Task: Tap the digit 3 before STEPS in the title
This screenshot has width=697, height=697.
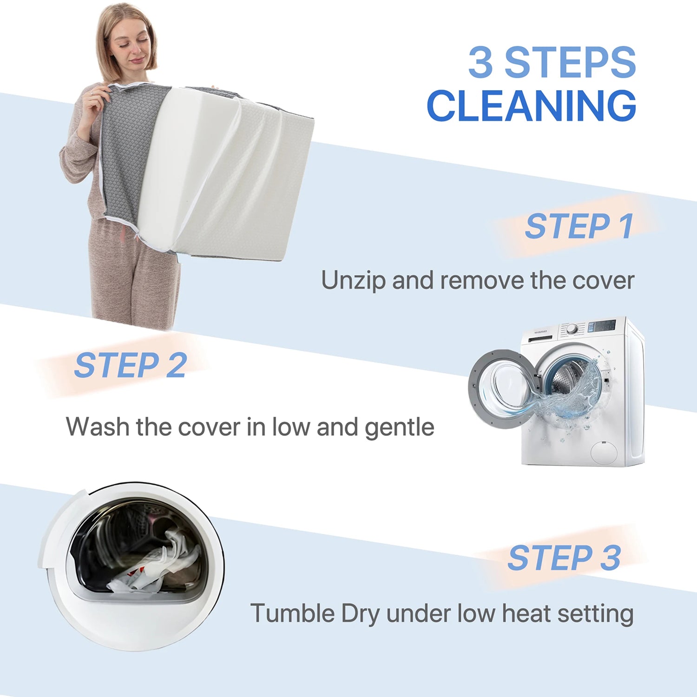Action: tap(480, 62)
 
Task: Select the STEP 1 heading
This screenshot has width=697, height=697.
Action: tap(579, 226)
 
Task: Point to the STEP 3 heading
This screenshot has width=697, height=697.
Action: tap(564, 558)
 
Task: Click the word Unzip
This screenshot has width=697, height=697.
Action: tap(354, 281)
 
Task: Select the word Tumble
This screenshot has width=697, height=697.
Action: tap(293, 613)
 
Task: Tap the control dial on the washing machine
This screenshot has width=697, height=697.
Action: tap(572, 329)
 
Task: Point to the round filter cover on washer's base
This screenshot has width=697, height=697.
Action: tap(604, 453)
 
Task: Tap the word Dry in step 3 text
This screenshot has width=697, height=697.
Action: tap(361, 614)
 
